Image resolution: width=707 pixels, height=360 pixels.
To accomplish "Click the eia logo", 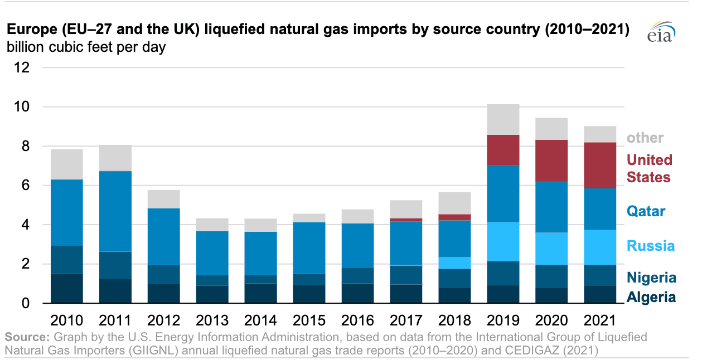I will (x=661, y=33).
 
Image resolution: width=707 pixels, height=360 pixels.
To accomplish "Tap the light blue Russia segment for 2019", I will (x=503, y=241).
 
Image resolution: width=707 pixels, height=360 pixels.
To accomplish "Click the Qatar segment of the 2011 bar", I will (x=115, y=211).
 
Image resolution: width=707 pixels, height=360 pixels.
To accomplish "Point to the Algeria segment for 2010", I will (x=67, y=289).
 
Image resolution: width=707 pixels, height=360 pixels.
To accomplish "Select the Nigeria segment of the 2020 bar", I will (x=551, y=276).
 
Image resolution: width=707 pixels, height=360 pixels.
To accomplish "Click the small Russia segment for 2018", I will (x=454, y=262).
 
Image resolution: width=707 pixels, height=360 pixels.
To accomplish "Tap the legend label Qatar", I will (x=646, y=211).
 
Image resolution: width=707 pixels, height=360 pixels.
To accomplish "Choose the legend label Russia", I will (x=650, y=246).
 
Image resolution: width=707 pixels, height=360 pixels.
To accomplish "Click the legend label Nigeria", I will (x=651, y=278).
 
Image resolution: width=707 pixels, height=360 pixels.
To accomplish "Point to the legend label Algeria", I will (x=651, y=297).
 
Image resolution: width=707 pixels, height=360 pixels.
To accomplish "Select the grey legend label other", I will (x=645, y=138).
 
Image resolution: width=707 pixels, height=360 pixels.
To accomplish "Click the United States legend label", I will (x=649, y=168).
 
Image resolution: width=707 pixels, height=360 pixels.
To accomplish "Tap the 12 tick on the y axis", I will (x=22, y=67).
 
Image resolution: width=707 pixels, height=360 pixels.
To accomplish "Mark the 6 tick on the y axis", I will (x=26, y=185).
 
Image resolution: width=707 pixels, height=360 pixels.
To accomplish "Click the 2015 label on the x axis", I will (x=310, y=320).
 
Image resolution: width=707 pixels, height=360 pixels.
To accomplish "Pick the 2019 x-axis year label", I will (x=503, y=320).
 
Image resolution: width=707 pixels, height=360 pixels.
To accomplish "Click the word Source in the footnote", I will (x=26, y=337).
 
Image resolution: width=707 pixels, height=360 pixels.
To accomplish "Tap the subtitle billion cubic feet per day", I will (x=86, y=47).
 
